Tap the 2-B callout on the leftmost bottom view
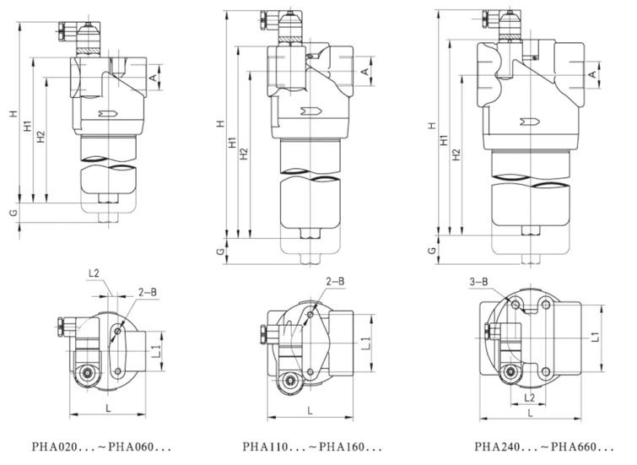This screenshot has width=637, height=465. click(146, 292)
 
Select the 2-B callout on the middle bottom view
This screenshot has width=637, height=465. click(335, 281)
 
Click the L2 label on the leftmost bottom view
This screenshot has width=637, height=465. click(94, 273)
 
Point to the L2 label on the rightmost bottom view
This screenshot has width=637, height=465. click(529, 396)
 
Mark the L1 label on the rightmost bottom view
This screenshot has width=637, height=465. click(595, 337)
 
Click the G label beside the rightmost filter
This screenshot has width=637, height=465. click(431, 251)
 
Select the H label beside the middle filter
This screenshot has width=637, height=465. click(219, 124)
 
